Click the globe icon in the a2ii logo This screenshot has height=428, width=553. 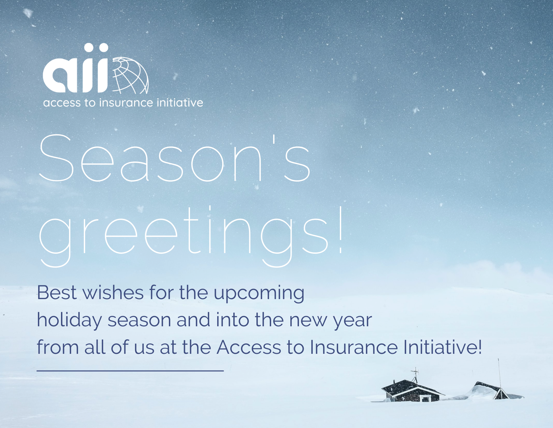pos(130,75)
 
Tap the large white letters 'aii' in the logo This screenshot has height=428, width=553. pos(76,68)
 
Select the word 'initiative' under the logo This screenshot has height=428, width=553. pos(180,102)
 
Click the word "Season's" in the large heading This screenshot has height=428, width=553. pos(175,158)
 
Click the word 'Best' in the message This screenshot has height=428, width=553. pos(57,292)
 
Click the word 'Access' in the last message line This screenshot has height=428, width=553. pos(249,347)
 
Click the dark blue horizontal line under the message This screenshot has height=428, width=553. pos(130,371)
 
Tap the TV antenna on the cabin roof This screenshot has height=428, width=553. pos(415,375)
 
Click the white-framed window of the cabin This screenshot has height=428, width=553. pos(426,398)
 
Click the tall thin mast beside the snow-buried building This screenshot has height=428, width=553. pos(500,377)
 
